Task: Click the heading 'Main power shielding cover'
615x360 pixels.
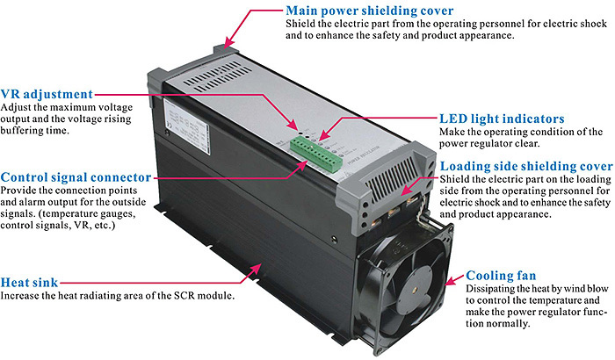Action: (x=370, y=11)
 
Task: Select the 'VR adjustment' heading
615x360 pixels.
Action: (x=47, y=93)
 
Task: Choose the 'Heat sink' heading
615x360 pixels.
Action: (x=31, y=282)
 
